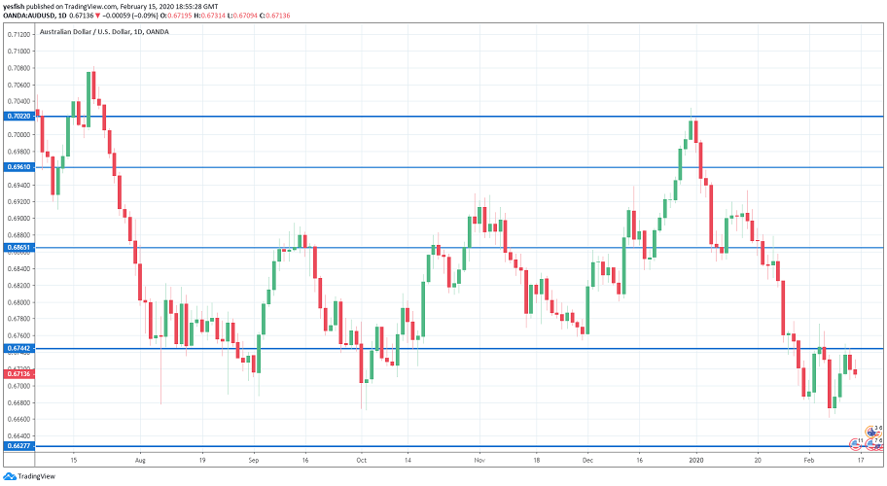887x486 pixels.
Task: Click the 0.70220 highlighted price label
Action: pos(18,116)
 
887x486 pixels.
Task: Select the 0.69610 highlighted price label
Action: pos(18,167)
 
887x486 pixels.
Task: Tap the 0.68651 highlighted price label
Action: pos(18,248)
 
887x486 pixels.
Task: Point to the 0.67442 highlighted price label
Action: pos(18,349)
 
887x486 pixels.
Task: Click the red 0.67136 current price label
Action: pos(18,374)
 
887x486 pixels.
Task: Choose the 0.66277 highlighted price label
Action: pos(18,446)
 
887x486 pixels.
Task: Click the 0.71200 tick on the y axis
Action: pos(18,34)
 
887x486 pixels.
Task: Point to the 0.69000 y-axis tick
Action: pos(18,219)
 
